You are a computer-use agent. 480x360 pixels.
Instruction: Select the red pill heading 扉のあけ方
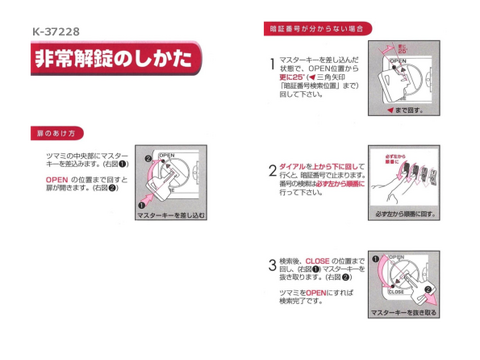point(56,132)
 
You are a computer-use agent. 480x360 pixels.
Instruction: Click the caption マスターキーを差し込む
point(176,214)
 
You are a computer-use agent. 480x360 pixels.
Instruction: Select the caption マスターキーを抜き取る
point(405,313)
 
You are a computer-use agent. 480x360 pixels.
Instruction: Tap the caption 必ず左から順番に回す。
point(405,213)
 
